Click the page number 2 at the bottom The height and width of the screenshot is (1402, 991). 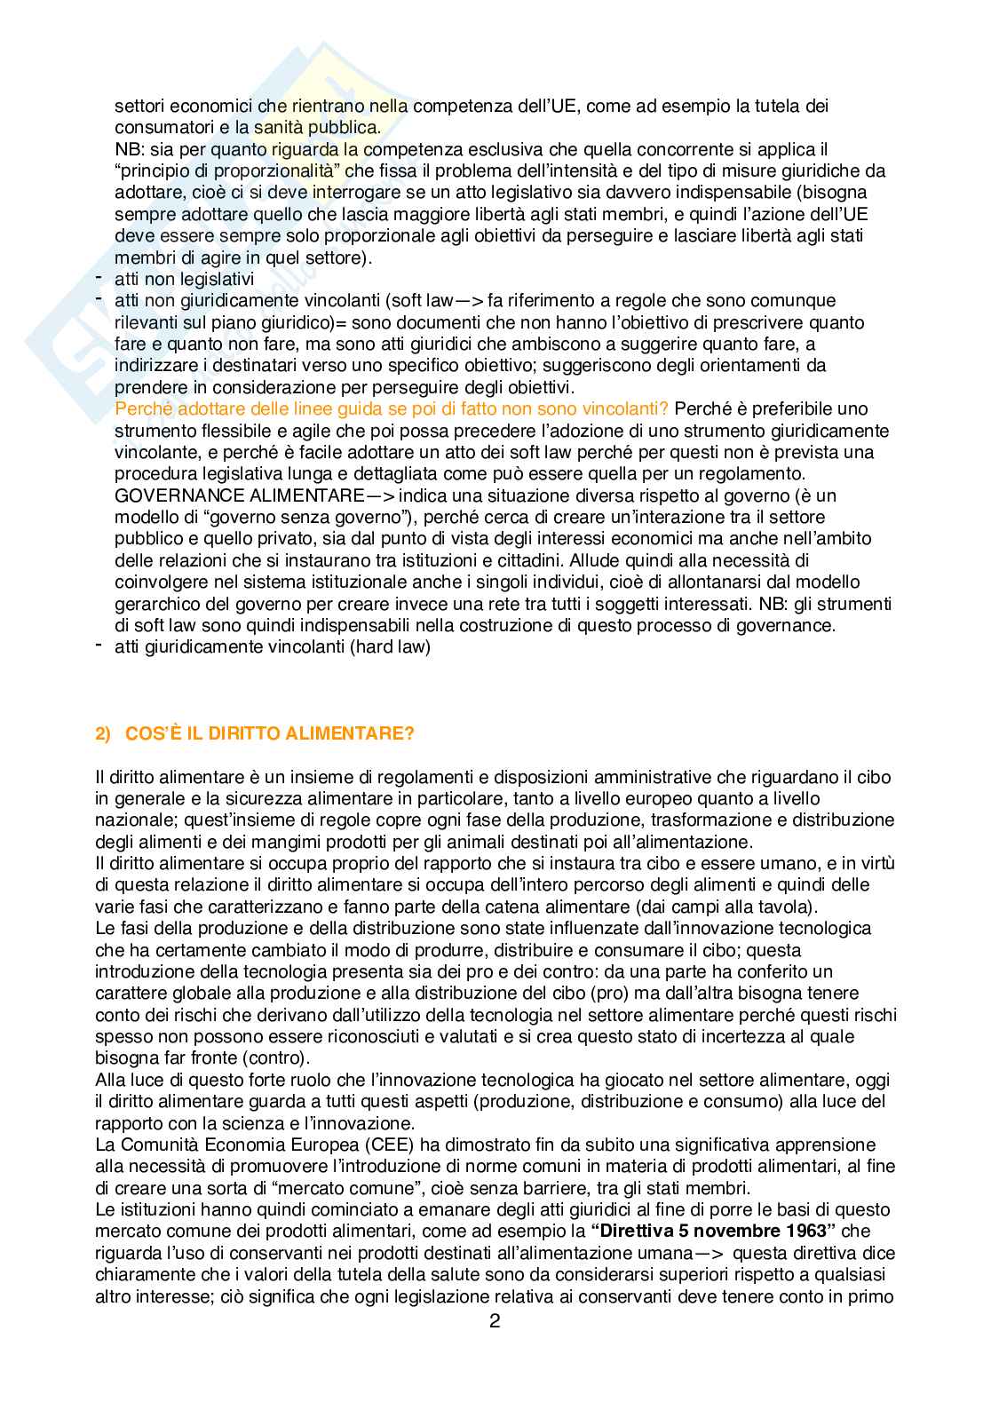click(x=495, y=1345)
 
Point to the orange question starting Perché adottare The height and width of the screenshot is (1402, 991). click(x=393, y=408)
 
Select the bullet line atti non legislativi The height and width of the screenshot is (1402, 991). click(x=184, y=279)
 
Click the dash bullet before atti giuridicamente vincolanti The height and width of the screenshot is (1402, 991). click(x=99, y=646)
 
